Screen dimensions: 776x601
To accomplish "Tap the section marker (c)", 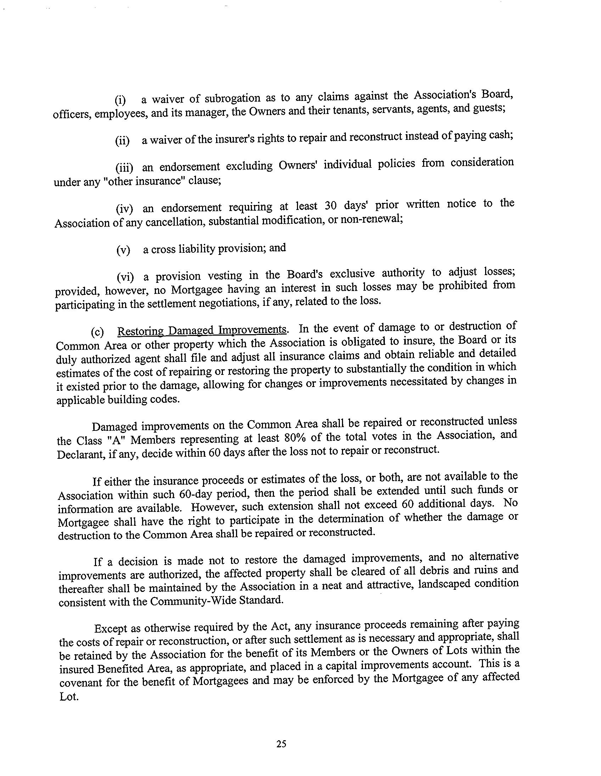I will pos(97,332).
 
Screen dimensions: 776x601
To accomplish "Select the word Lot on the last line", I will pos(68,696).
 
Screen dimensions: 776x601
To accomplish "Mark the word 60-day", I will pos(194,494).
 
